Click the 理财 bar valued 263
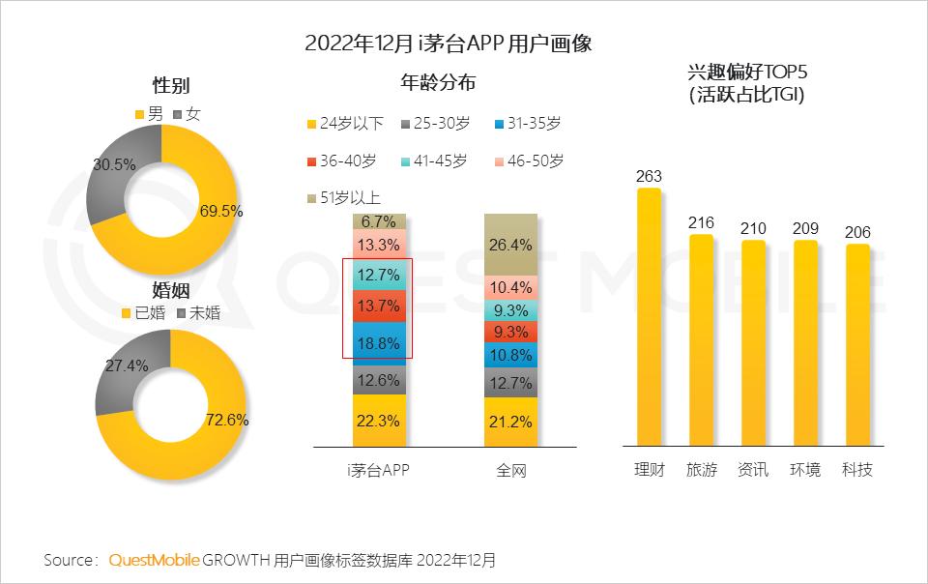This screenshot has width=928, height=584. coord(649,319)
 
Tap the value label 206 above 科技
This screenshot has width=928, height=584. coord(857,232)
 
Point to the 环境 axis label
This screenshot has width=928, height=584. coord(805,470)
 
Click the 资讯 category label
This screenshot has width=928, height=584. coord(753,470)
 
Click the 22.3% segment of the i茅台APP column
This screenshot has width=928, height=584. coord(379,421)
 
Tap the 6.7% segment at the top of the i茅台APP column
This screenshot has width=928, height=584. coord(379,222)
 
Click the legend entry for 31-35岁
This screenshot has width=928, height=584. coord(527,123)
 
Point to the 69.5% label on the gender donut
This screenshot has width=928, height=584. coord(222,210)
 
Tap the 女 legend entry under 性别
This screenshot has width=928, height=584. coord(187,114)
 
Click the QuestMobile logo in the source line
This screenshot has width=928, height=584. coord(155,560)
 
